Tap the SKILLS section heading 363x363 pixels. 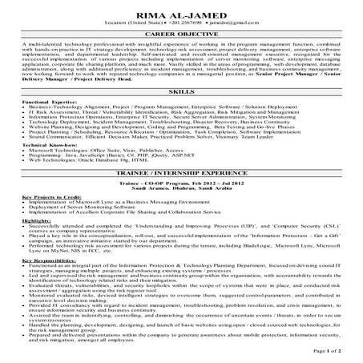pos(181,92)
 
